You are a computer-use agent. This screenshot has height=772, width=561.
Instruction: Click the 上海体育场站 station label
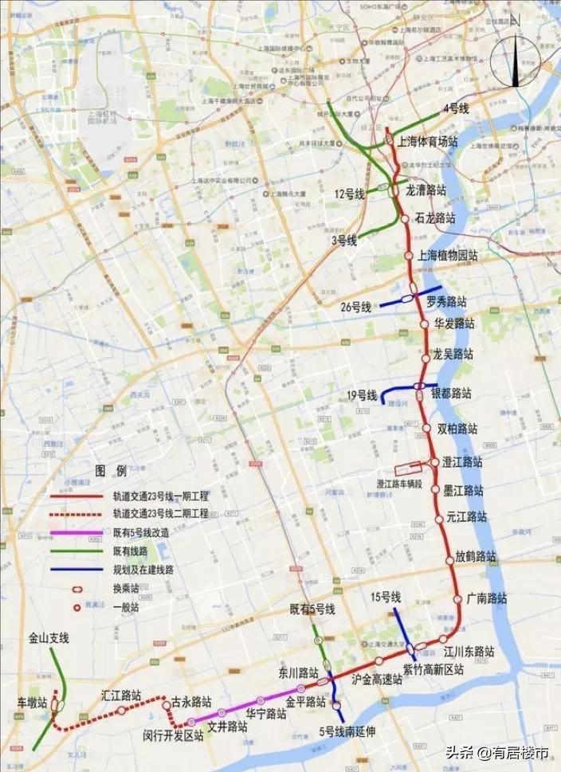(x=427, y=142)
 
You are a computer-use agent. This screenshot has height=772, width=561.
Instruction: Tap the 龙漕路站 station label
(x=426, y=190)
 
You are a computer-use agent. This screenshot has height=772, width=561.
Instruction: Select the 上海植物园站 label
(x=447, y=256)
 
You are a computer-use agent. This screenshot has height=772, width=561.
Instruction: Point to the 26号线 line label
(x=355, y=307)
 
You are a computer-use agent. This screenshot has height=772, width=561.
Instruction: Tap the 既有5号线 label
(x=312, y=609)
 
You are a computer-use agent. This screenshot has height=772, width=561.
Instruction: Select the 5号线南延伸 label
(x=347, y=731)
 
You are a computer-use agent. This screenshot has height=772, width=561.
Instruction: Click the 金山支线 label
(x=49, y=638)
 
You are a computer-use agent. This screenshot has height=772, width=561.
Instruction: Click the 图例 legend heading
(x=106, y=469)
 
